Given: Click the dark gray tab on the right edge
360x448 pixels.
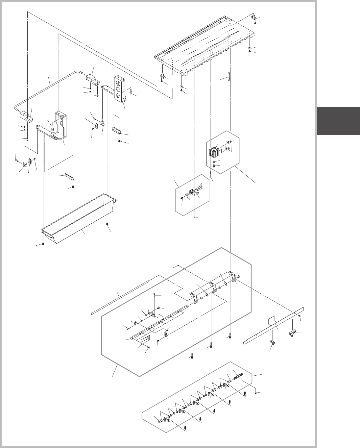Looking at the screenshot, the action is pyautogui.click(x=338, y=121).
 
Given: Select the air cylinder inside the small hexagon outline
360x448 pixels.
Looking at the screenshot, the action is pyautogui.click(x=215, y=152).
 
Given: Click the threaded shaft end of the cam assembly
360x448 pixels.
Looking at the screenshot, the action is pyautogui.click(x=238, y=375).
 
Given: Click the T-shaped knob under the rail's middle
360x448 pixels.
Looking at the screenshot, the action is pyautogui.click(x=272, y=344).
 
